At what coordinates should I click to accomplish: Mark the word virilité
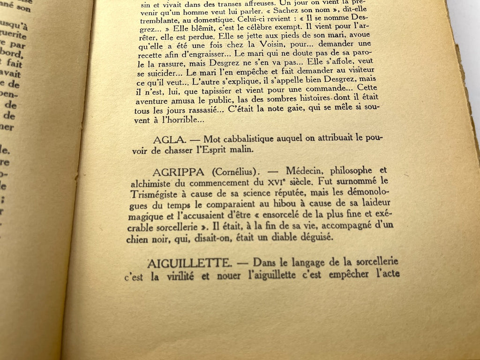tap(180, 276)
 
